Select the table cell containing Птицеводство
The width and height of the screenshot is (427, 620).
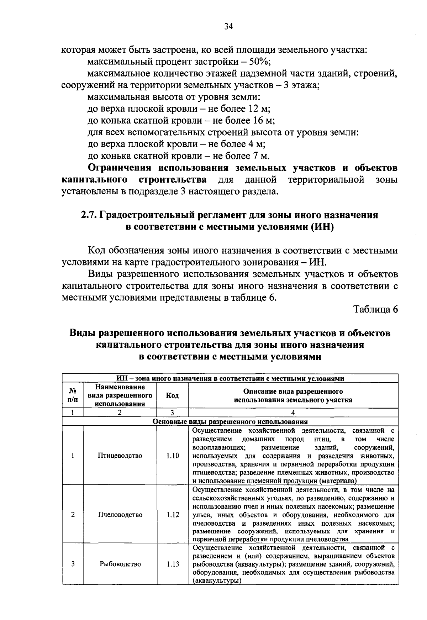pos(120,456)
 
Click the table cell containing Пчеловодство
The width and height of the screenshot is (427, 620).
pos(120,515)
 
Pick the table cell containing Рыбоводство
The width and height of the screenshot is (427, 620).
pos(120,564)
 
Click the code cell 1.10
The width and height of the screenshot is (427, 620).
pos(173,456)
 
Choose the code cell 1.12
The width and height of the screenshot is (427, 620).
pos(173,515)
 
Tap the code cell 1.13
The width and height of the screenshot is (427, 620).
pos(173,564)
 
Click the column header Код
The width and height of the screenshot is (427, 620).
pos(173,395)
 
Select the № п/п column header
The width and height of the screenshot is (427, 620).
pos(73,395)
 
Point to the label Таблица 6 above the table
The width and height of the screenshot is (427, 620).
pos(375,309)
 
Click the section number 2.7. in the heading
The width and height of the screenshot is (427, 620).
pos(89,215)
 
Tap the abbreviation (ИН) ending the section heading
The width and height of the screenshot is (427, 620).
pos(322,227)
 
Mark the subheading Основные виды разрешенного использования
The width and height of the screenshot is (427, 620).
pos(230,422)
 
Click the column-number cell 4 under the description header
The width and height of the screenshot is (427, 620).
pos(293,413)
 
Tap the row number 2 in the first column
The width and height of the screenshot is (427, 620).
pos(73,515)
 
